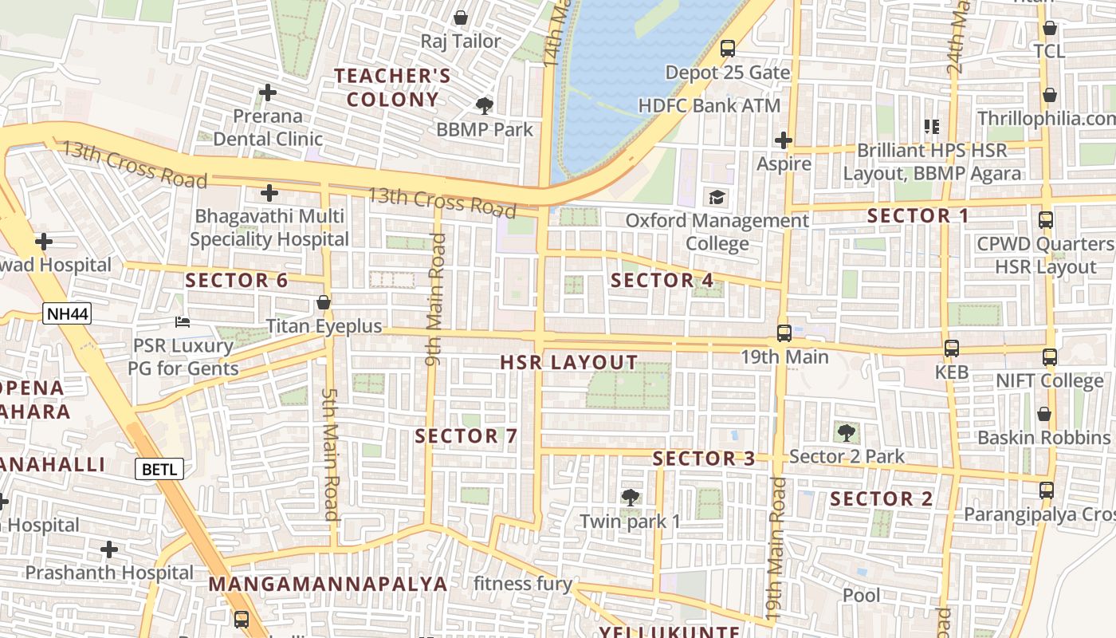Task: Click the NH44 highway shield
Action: pyautogui.click(x=67, y=313)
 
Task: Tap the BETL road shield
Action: pyautogui.click(x=162, y=469)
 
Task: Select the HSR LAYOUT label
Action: pyautogui.click(x=568, y=363)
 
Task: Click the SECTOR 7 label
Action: pyautogui.click(x=466, y=436)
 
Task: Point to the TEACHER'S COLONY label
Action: pyautogui.click(x=392, y=88)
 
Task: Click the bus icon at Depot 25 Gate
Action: pyautogui.click(x=728, y=49)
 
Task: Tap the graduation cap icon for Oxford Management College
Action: pyautogui.click(x=717, y=197)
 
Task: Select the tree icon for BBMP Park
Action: pyautogui.click(x=484, y=105)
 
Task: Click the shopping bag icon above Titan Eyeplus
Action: pyautogui.click(x=324, y=302)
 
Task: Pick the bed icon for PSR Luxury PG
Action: pyautogui.click(x=183, y=322)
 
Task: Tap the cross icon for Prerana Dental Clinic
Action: pyautogui.click(x=268, y=93)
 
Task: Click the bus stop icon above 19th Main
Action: pyautogui.click(x=784, y=333)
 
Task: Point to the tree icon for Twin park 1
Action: pyautogui.click(x=630, y=498)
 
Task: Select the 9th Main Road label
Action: pyautogui.click(x=435, y=300)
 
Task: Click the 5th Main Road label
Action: pyautogui.click(x=330, y=454)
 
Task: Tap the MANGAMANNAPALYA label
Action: pyautogui.click(x=328, y=584)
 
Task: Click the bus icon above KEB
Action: pyautogui.click(x=952, y=348)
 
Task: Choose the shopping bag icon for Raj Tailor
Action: pyautogui.click(x=461, y=18)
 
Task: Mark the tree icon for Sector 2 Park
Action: pyautogui.click(x=847, y=433)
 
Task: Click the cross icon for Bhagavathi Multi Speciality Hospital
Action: pyautogui.click(x=269, y=193)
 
